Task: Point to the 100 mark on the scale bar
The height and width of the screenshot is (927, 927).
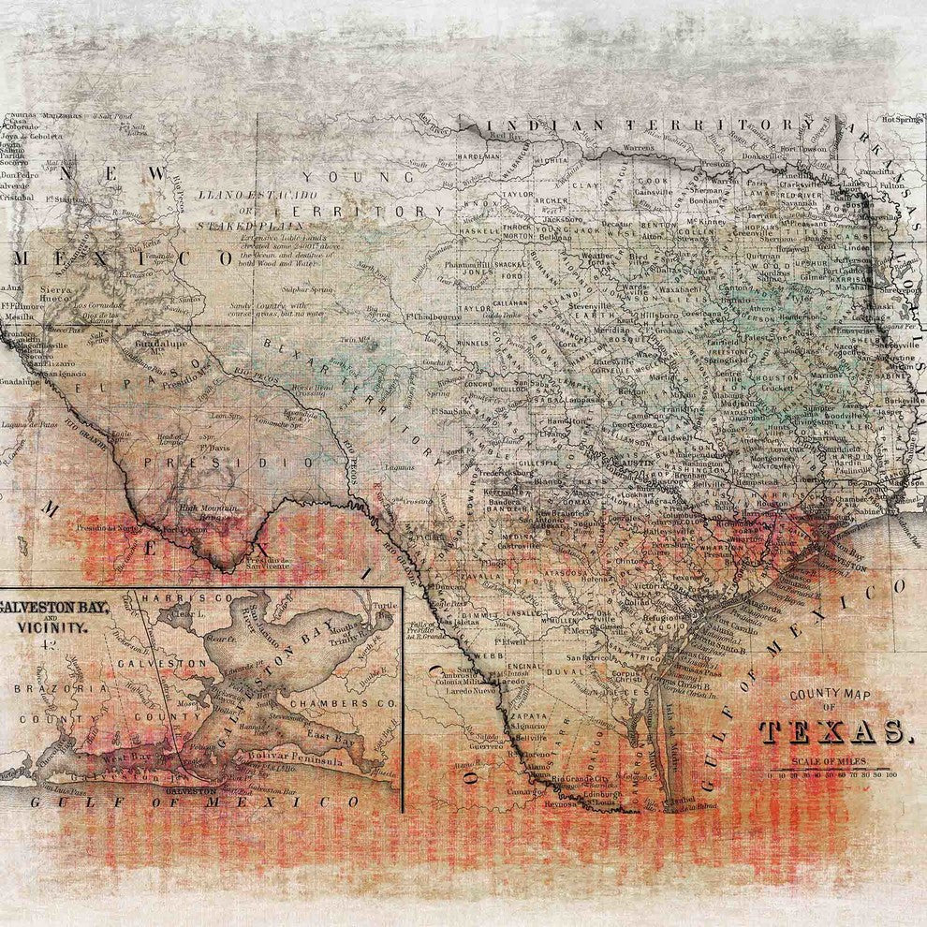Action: pyautogui.click(x=890, y=774)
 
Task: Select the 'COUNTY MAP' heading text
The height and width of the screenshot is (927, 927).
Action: pyautogui.click(x=831, y=695)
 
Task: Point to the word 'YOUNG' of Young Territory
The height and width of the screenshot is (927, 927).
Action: pyautogui.click(x=357, y=176)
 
